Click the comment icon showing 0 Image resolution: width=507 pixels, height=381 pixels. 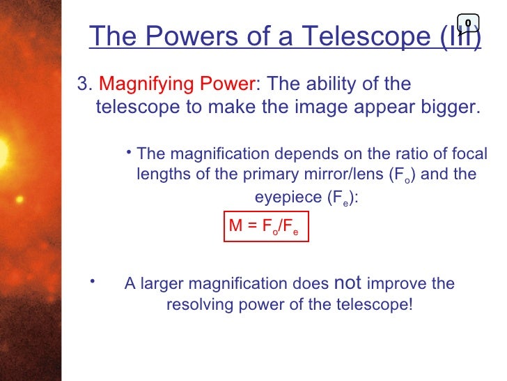point(468,23)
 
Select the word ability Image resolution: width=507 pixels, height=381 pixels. point(333,85)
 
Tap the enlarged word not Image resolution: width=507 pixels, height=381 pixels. point(348,283)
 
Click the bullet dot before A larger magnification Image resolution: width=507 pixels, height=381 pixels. point(91,281)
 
